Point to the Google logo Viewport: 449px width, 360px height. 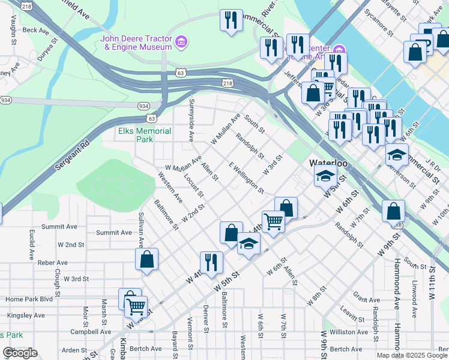(20, 353)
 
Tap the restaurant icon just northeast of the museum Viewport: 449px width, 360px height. (231, 20)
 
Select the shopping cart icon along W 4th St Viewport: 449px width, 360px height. (273, 221)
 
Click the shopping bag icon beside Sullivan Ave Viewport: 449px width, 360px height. (146, 260)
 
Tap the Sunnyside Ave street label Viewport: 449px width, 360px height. (191, 120)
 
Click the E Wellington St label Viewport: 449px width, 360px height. (246, 177)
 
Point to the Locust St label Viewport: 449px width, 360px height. (194, 186)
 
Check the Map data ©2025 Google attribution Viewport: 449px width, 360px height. (411, 355)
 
